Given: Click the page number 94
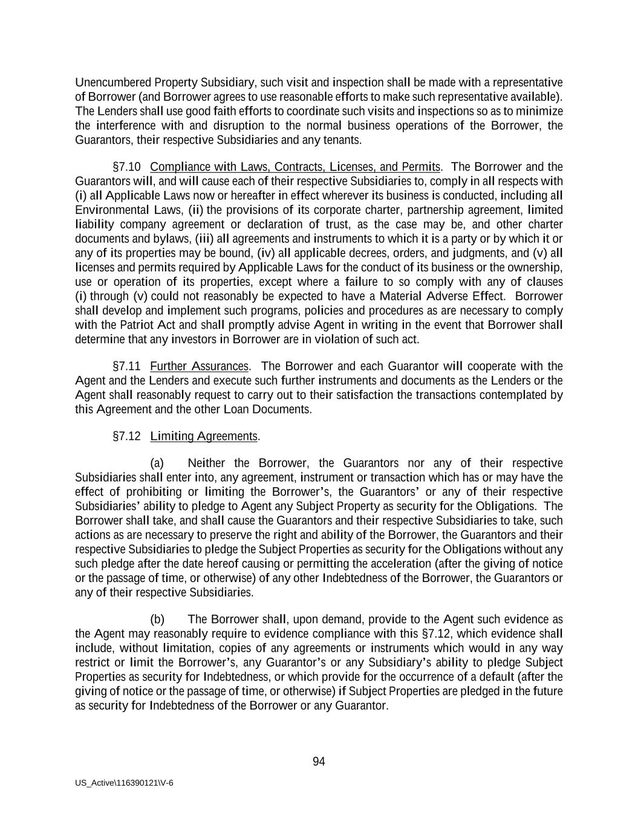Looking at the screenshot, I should [319, 762].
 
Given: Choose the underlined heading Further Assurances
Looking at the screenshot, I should [199, 366].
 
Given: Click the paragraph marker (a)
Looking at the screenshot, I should [157, 464].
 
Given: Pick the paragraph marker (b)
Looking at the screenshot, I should [157, 620].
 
